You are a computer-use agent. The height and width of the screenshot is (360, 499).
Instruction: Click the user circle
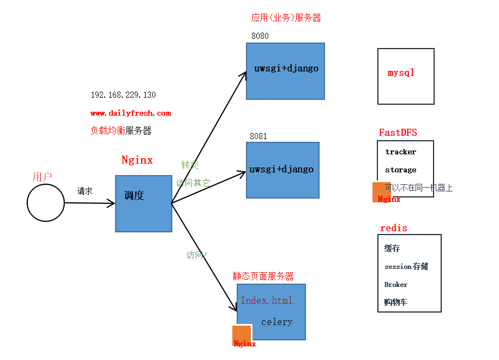pos(46,203)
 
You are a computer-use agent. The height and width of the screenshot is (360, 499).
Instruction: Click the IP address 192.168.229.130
pos(123,95)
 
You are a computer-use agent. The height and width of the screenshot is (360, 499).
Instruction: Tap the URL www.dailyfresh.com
pos(131,113)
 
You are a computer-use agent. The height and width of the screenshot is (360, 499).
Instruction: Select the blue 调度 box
pos(143,203)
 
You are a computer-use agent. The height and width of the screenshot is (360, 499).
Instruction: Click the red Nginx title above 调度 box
pos(137,160)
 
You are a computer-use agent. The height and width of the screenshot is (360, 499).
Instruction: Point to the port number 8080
pos(260,36)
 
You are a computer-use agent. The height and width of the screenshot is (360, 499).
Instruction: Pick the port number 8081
pos(258,136)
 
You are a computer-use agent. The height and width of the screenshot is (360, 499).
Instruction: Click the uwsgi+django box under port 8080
pos(285,71)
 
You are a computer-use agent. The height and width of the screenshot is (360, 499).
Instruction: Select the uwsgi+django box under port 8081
pos(282,170)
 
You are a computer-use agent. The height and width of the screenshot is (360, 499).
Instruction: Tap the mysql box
pos(406,76)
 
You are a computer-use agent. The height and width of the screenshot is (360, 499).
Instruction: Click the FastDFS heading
pos(398,133)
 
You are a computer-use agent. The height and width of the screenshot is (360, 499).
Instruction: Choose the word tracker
pos(400,152)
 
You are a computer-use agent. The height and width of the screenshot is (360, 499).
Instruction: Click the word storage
pos(400,170)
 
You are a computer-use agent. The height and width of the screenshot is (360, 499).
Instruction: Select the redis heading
pos(394,228)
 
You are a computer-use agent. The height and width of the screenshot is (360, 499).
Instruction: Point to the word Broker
pos(396,285)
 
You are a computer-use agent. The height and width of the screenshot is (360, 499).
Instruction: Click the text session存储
pos(406,267)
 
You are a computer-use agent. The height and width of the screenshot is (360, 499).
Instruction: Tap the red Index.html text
pos(267,301)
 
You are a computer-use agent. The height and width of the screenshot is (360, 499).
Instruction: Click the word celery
pos(276,322)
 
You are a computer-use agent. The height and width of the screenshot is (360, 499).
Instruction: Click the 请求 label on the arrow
pos(85,191)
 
